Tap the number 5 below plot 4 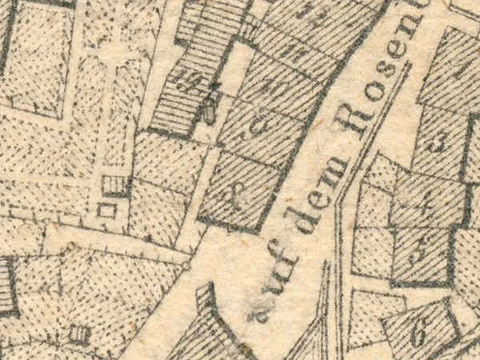[x=422, y=247]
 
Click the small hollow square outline [x=107, y=211]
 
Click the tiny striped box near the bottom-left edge [x=79, y=335]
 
